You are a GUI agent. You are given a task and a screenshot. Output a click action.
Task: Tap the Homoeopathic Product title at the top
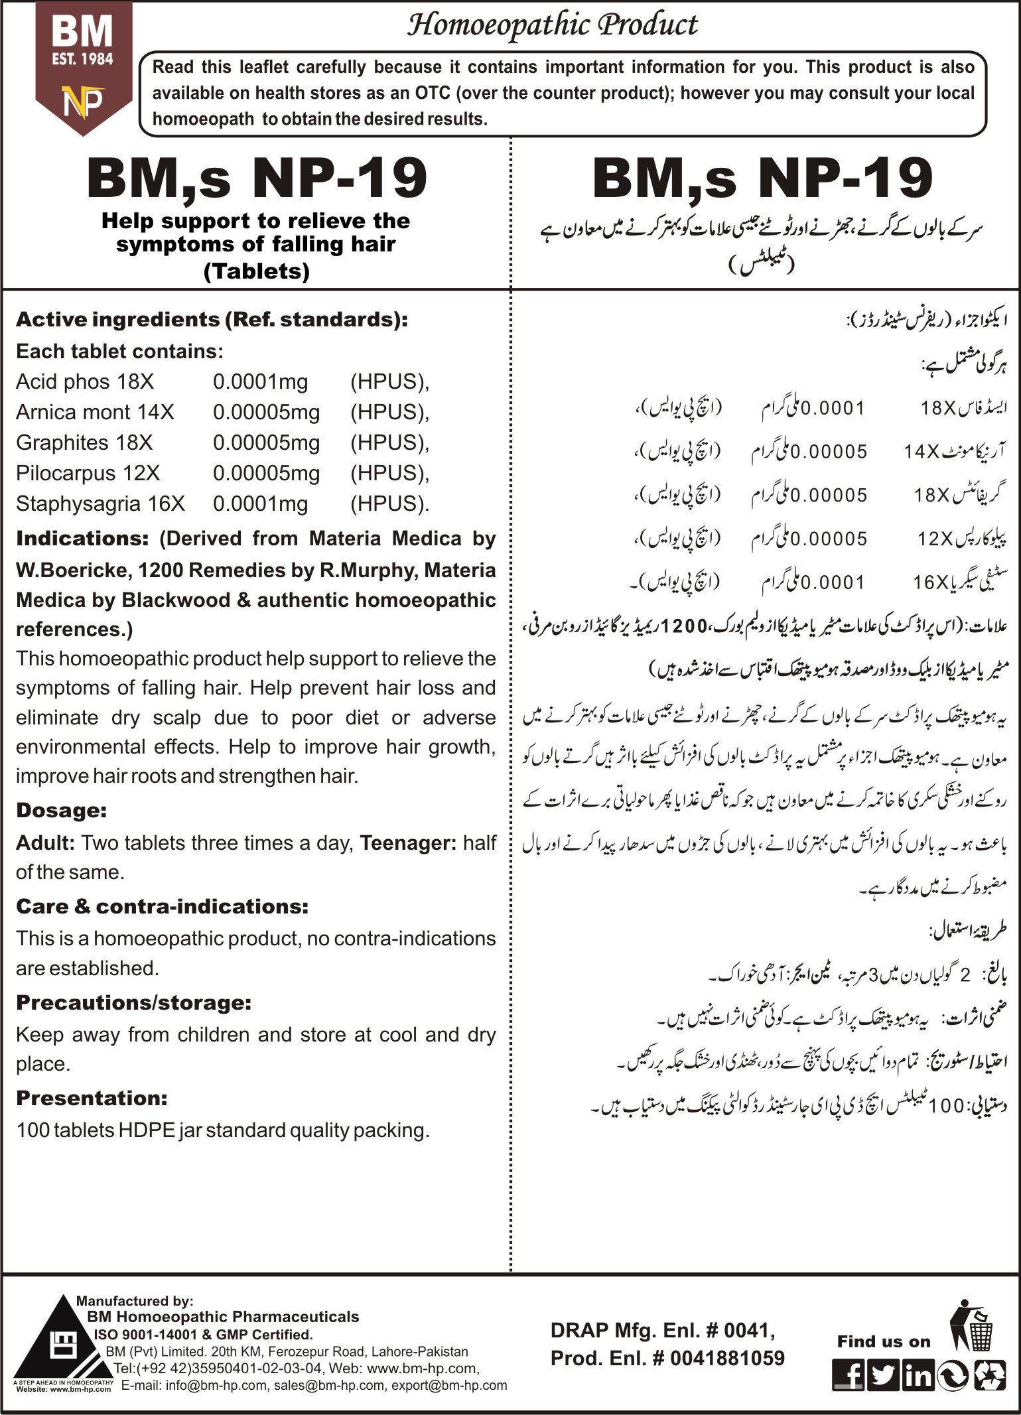click(x=552, y=25)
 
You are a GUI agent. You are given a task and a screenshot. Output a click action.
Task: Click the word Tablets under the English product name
click(x=257, y=271)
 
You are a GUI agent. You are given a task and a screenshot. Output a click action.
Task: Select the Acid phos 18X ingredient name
click(x=85, y=381)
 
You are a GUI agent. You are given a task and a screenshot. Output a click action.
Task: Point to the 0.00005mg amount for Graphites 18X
click(x=266, y=442)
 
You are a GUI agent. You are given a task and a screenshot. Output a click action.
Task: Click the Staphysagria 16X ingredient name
click(x=100, y=504)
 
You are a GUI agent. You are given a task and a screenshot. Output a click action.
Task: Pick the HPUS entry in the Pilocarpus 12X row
click(x=389, y=473)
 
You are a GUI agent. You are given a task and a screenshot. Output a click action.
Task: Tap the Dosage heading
click(x=62, y=810)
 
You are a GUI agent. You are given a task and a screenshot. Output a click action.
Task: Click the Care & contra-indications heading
click(x=162, y=906)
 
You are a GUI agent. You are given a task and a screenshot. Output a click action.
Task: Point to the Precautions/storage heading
click(x=133, y=1002)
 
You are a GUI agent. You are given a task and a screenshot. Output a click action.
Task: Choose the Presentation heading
click(x=92, y=1098)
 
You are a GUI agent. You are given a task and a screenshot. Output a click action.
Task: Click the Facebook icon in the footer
click(x=849, y=1375)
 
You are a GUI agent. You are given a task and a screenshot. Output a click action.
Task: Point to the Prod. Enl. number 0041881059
click(x=727, y=1358)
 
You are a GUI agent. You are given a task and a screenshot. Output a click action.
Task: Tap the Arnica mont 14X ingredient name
click(x=95, y=412)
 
